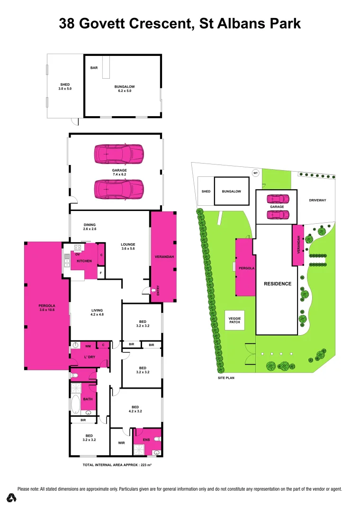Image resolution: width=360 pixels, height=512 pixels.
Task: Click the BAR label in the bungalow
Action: [x=94, y=68]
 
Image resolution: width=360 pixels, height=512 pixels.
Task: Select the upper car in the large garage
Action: [x=119, y=154]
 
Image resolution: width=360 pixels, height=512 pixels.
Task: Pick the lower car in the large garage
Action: [x=119, y=189]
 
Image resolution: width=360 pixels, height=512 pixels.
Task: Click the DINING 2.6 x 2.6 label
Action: [x=90, y=227]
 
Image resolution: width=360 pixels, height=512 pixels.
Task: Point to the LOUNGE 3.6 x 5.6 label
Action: [x=128, y=247]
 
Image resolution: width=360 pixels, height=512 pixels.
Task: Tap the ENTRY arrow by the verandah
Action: [x=153, y=291]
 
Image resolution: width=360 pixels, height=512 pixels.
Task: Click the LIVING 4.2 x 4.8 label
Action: [x=97, y=313]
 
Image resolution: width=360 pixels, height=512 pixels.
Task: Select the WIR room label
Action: [x=120, y=443]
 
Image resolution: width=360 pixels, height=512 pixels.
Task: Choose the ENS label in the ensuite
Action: [x=146, y=439]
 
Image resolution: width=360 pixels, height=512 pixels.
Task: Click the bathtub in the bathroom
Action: [x=75, y=404]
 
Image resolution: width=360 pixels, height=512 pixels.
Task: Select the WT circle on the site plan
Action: [x=255, y=173]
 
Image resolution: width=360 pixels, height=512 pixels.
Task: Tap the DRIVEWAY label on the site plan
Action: [x=317, y=200]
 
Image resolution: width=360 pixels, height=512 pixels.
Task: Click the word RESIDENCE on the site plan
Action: [x=278, y=283]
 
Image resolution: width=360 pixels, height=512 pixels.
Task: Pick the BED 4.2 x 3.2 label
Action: [x=135, y=409]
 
